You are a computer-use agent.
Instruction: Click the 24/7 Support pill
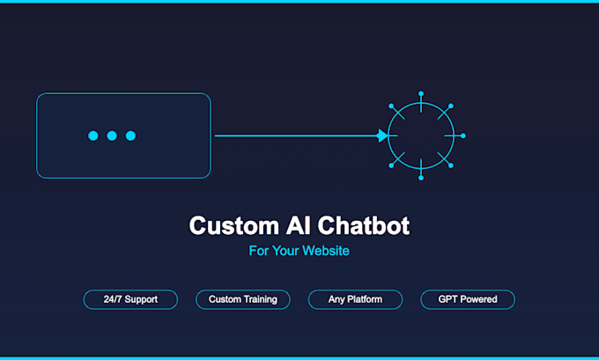(x=130, y=299)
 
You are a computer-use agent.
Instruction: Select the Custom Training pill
(x=243, y=299)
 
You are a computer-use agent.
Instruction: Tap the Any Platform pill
(x=355, y=299)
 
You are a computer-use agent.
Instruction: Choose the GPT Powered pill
(x=468, y=299)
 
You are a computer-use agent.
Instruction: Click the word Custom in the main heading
(x=233, y=225)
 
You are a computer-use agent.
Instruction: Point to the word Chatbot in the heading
(x=363, y=225)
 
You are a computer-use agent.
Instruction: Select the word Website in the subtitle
(x=326, y=251)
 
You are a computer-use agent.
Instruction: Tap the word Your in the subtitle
(x=285, y=251)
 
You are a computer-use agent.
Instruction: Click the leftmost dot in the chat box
(x=93, y=136)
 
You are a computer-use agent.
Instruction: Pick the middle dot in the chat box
(x=112, y=136)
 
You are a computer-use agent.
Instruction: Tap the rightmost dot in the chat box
(x=130, y=136)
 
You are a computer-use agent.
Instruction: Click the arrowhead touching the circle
(x=382, y=136)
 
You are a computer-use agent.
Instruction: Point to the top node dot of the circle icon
(x=421, y=93)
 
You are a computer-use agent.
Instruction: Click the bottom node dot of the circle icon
(x=421, y=178)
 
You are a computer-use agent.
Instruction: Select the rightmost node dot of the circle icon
(x=463, y=136)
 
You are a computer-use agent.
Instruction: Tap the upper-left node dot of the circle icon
(x=391, y=106)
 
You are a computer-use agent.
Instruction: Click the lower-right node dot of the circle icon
(x=451, y=165)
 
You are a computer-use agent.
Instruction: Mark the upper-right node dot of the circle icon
(x=451, y=106)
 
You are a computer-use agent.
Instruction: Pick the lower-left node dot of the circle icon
(x=391, y=165)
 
